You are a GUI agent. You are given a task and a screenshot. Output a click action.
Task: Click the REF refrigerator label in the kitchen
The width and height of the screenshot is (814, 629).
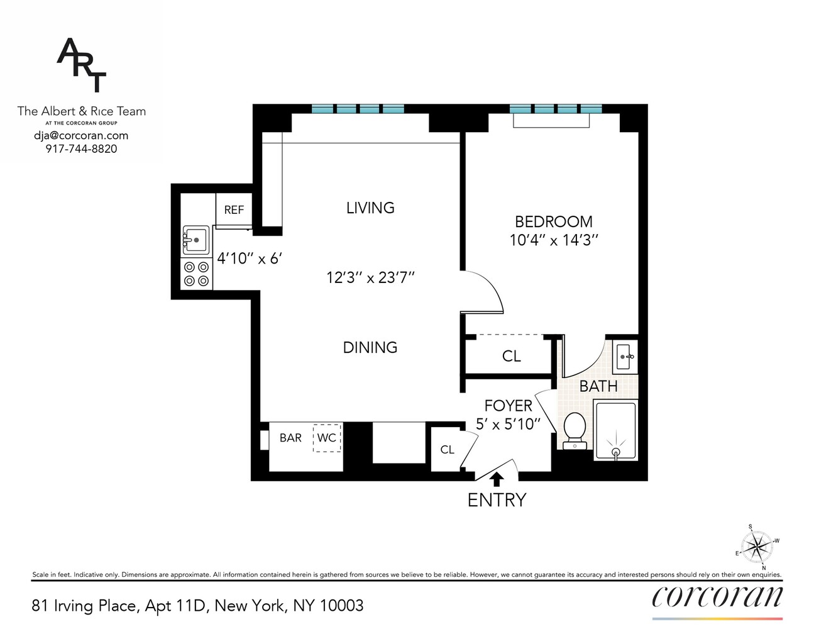click(234, 210)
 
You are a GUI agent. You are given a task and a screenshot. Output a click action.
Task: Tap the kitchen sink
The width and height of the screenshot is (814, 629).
click(195, 240)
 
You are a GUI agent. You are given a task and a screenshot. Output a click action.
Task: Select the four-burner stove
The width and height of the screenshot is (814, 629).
click(196, 274)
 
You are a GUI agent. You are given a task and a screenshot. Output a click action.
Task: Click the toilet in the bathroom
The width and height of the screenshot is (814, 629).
click(575, 430)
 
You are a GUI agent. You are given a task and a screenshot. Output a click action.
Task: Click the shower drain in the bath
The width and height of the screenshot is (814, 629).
click(616, 452)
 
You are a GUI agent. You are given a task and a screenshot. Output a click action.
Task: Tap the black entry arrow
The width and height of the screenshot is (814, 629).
click(497, 479)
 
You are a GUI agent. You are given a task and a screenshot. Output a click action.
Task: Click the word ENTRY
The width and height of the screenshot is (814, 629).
click(497, 500)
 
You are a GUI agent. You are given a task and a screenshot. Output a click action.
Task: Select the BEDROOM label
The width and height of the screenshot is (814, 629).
click(553, 221)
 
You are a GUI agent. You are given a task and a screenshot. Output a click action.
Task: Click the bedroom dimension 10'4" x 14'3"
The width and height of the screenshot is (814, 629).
click(553, 240)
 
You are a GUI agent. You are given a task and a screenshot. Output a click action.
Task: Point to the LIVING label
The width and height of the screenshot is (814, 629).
click(370, 208)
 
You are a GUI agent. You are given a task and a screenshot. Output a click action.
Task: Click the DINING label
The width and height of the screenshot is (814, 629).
click(370, 347)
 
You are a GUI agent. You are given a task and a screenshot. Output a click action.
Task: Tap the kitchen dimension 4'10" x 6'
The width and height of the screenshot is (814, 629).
click(250, 259)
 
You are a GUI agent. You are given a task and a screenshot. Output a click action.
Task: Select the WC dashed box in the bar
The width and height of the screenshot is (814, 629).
click(327, 438)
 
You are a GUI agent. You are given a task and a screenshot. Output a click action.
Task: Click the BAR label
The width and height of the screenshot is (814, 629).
click(290, 438)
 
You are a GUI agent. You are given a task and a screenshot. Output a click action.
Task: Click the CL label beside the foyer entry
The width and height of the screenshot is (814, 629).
click(447, 450)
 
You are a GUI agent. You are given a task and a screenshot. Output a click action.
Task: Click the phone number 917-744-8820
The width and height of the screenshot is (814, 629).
click(81, 149)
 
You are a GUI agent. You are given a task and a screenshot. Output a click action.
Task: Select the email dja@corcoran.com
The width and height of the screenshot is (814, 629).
click(81, 135)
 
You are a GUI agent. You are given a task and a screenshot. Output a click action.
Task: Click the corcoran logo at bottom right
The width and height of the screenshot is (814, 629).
click(717, 596)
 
